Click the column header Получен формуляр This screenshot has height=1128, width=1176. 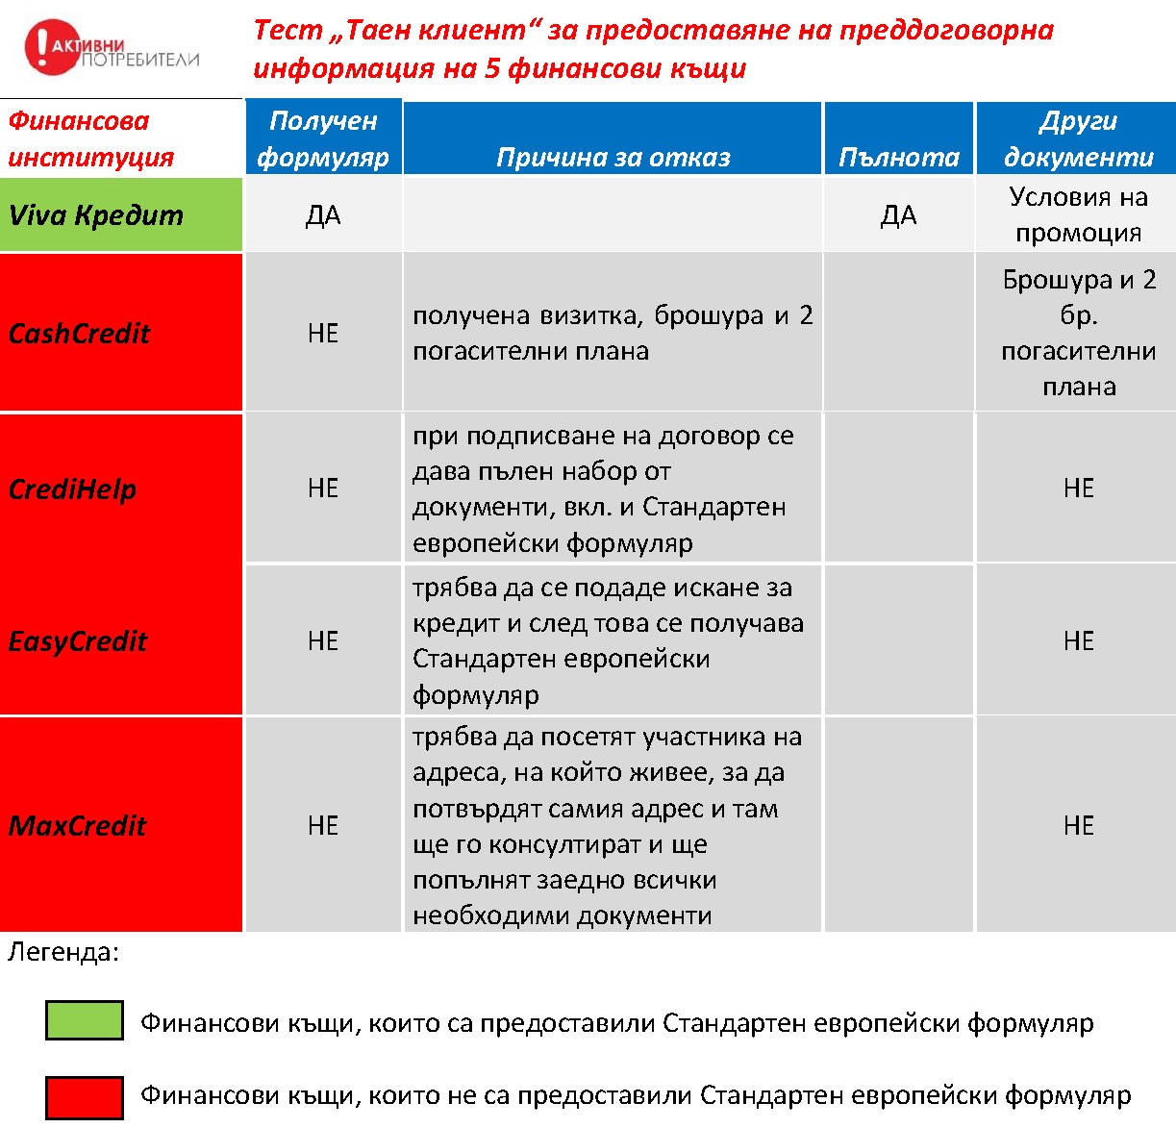click(323, 138)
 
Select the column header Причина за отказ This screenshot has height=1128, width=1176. click(613, 157)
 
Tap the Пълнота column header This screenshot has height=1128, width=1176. click(899, 157)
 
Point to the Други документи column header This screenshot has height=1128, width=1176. click(1078, 138)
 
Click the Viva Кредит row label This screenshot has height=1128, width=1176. click(96, 214)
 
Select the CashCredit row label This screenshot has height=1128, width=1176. click(79, 333)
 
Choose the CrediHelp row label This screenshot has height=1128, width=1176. click(72, 489)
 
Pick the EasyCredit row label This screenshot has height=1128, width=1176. click(78, 640)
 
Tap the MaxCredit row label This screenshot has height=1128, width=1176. click(77, 825)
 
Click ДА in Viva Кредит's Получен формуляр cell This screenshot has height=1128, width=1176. click(323, 215)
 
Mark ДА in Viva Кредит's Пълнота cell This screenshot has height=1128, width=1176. click(898, 215)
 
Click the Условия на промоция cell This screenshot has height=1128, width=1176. click(1078, 214)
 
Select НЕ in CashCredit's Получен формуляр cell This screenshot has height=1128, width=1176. click(323, 334)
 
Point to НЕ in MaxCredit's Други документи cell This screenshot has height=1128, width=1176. click(1078, 826)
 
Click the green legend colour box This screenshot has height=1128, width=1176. click(85, 1020)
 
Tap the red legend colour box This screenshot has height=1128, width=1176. click(85, 1096)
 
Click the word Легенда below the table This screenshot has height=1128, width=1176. click(63, 952)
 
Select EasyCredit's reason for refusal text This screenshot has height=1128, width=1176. click(608, 640)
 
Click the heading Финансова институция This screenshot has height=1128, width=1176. click(91, 138)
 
